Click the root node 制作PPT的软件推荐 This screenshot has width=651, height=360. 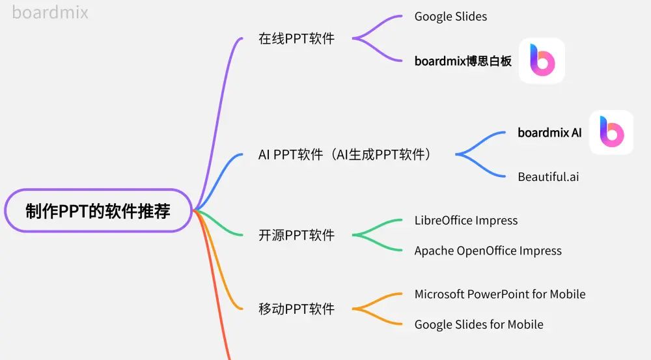pyautogui.click(x=98, y=212)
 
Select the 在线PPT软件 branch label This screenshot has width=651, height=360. pyautogui.click(x=296, y=38)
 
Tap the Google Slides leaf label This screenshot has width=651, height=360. pyautogui.click(x=450, y=16)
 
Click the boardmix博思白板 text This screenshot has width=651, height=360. pyautogui.click(x=463, y=61)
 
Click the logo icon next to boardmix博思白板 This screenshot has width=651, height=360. pyautogui.click(x=542, y=61)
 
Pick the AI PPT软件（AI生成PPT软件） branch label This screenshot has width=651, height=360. pyautogui.click(x=345, y=155)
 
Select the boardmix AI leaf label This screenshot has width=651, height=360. pyautogui.click(x=549, y=133)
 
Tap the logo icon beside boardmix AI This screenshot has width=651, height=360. pyautogui.click(x=611, y=132)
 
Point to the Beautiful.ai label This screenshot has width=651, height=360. pyautogui.click(x=548, y=176)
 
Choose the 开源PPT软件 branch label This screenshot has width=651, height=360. pyautogui.click(x=296, y=235)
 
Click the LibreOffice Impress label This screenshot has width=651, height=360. pyautogui.click(x=466, y=220)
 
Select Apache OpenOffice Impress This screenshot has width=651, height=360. pyautogui.click(x=488, y=251)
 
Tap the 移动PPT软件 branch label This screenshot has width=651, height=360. pyautogui.click(x=296, y=309)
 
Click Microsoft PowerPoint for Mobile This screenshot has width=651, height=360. pyautogui.click(x=500, y=294)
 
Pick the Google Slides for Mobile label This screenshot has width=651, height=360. pyautogui.click(x=478, y=324)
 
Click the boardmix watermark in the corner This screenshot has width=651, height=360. pyautogui.click(x=50, y=12)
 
